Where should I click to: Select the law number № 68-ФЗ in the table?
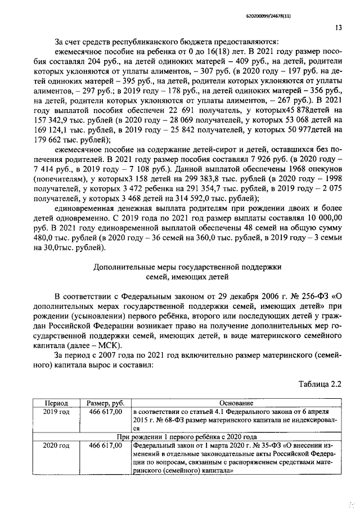(168, 420)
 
